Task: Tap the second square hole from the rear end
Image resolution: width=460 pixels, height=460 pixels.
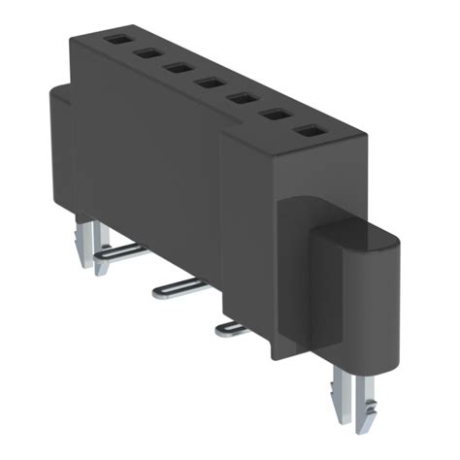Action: [x=148, y=54]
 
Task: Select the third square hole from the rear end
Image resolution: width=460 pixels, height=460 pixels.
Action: [x=178, y=68]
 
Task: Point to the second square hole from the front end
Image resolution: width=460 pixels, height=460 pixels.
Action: [x=275, y=114]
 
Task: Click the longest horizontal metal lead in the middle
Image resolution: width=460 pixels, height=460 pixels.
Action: [x=180, y=286]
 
